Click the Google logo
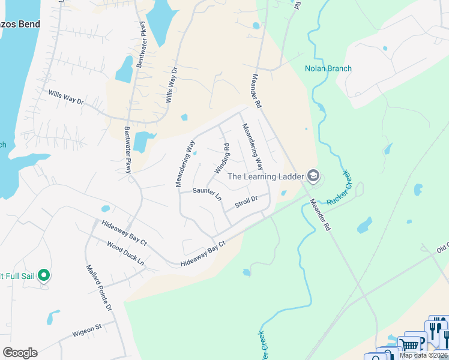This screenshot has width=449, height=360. [x=20, y=353]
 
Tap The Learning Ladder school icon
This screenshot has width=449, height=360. [x=312, y=176]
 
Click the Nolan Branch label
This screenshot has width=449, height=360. [x=328, y=68]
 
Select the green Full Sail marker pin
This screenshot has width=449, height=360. [x=43, y=275]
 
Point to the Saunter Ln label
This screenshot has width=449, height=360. [x=206, y=194]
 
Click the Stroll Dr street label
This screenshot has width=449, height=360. [x=246, y=202]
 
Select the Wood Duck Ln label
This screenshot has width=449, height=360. [x=125, y=254]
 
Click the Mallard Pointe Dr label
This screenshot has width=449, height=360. [x=99, y=288]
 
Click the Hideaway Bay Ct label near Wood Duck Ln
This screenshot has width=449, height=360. [x=125, y=233]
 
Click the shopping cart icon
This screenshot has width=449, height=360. [x=410, y=345]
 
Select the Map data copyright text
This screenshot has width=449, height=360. [x=424, y=355]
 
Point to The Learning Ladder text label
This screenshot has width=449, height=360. [x=265, y=176]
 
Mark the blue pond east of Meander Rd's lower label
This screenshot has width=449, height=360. [x=364, y=226]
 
